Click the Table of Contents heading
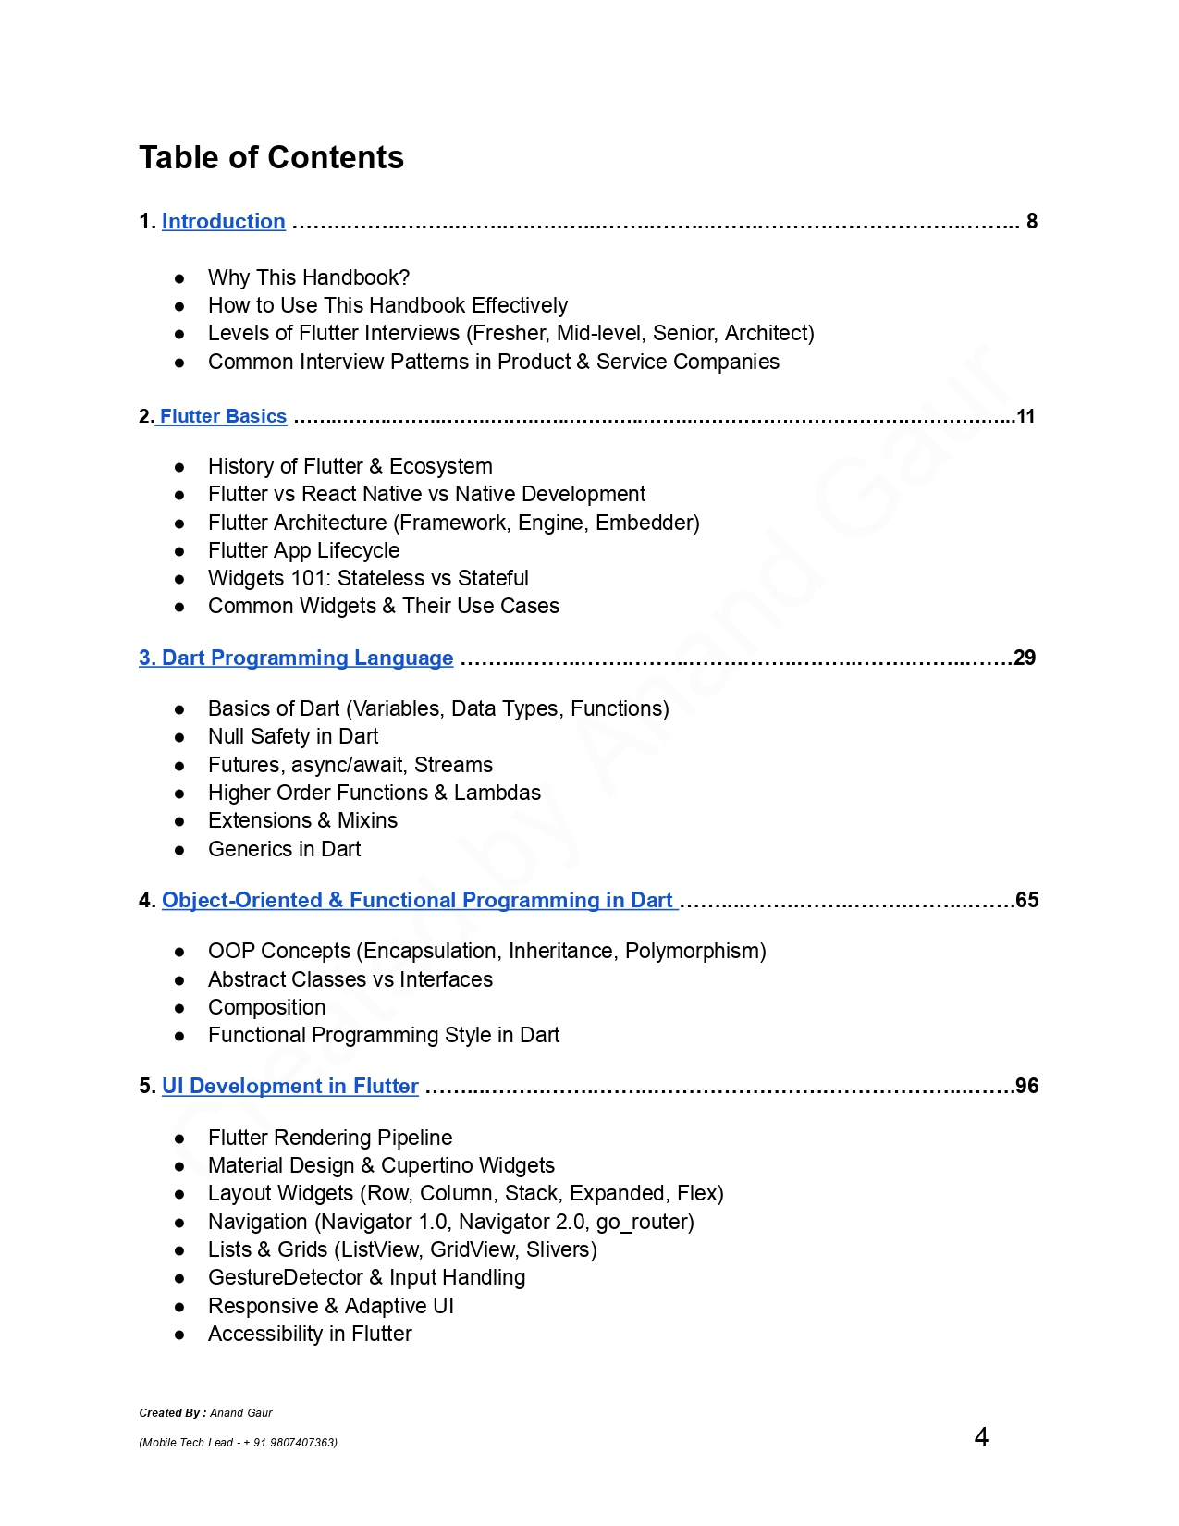271,158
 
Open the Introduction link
223,222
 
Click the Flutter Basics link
223,416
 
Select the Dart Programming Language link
296,658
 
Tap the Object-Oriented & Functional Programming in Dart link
417,901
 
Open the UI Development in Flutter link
289,1087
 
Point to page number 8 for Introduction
1032,222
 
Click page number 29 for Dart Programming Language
1025,658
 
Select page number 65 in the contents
1026,901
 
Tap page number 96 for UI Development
1026,1087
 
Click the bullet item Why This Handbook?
309,278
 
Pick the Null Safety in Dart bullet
293,737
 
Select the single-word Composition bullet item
266,1008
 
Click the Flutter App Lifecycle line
303,551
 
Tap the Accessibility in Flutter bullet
310,1335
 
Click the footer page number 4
981,1437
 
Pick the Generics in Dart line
284,850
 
